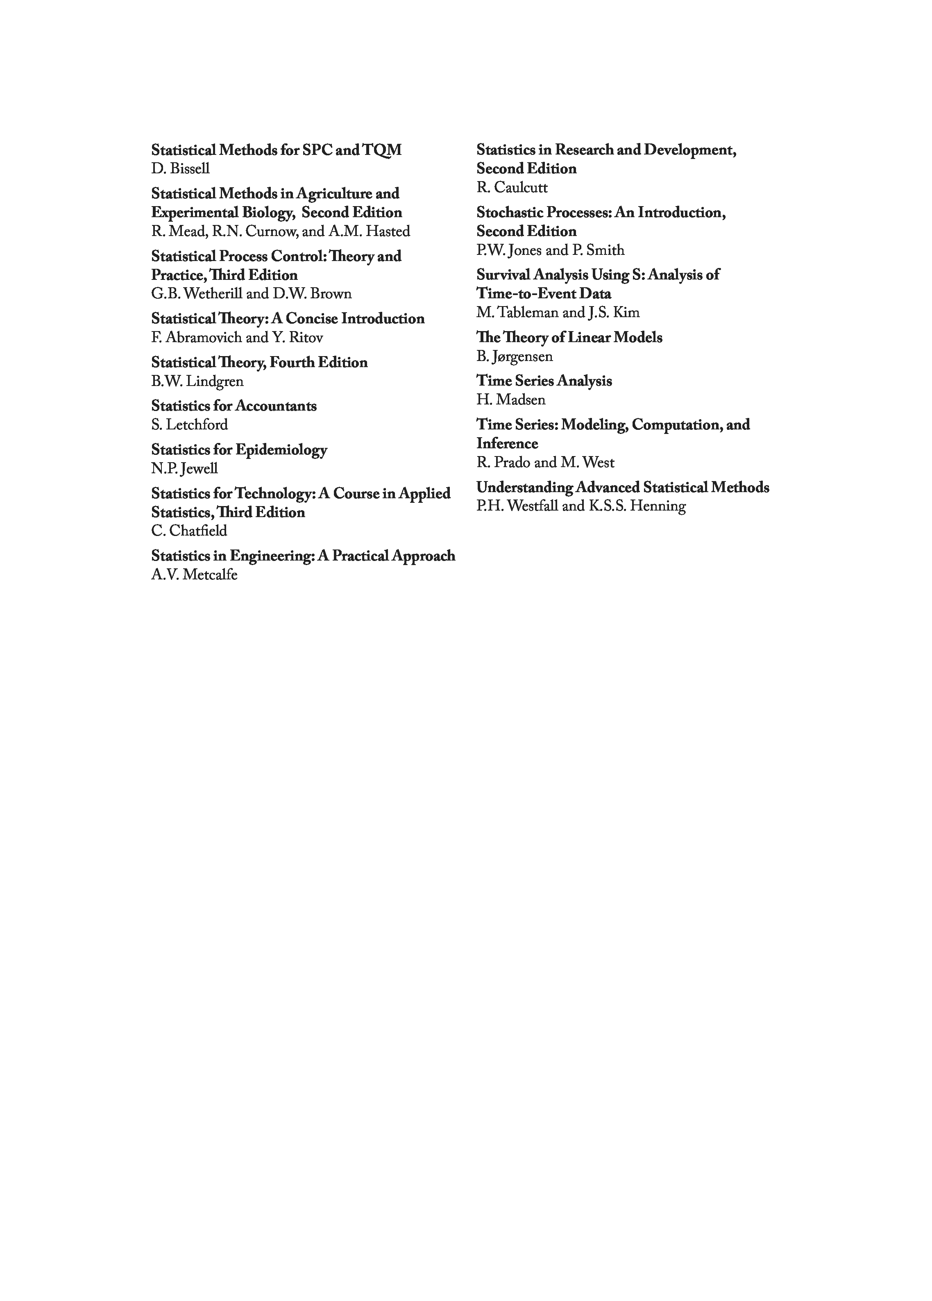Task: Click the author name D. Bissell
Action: click(180, 169)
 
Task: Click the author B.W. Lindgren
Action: click(197, 381)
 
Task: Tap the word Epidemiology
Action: click(281, 450)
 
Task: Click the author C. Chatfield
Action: click(189, 531)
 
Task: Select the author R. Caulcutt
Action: click(512, 188)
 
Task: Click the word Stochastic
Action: click(509, 213)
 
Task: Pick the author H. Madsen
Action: click(510, 400)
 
